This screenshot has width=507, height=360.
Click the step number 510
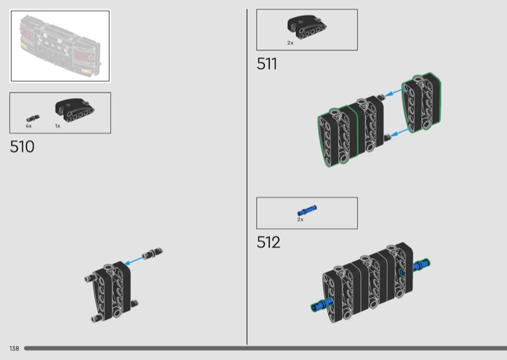click(x=22, y=147)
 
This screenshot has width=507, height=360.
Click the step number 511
click(x=267, y=64)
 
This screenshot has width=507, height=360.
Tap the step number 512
click(x=268, y=242)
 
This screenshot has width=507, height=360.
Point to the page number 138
click(x=14, y=349)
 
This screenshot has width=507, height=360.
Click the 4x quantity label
click(x=29, y=126)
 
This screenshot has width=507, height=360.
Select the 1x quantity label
click(x=58, y=126)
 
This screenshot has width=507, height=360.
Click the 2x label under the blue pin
click(x=300, y=220)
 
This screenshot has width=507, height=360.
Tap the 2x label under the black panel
click(x=290, y=43)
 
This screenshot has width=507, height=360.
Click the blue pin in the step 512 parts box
click(x=307, y=210)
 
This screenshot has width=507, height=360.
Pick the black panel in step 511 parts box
click(x=307, y=27)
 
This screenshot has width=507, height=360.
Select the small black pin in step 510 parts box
click(x=33, y=119)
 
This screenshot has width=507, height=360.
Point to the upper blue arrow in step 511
click(x=394, y=93)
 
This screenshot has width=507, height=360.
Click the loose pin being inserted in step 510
click(x=152, y=254)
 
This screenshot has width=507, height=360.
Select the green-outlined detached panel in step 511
click(x=421, y=102)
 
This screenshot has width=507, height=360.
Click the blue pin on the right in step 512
click(x=421, y=265)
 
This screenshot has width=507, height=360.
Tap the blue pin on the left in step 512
click(x=322, y=305)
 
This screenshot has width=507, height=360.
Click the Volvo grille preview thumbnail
click(x=60, y=46)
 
